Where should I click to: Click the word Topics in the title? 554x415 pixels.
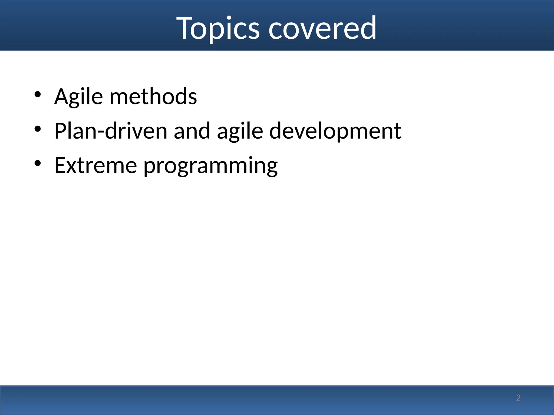218,28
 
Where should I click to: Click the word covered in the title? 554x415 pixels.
322,28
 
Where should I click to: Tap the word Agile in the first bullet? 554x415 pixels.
79,96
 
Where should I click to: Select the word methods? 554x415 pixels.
153,96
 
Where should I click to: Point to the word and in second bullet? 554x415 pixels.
192,131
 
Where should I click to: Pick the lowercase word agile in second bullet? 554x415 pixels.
240,132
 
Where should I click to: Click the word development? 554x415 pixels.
335,132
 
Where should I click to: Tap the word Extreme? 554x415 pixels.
95,165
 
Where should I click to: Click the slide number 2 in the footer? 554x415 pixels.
518,398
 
